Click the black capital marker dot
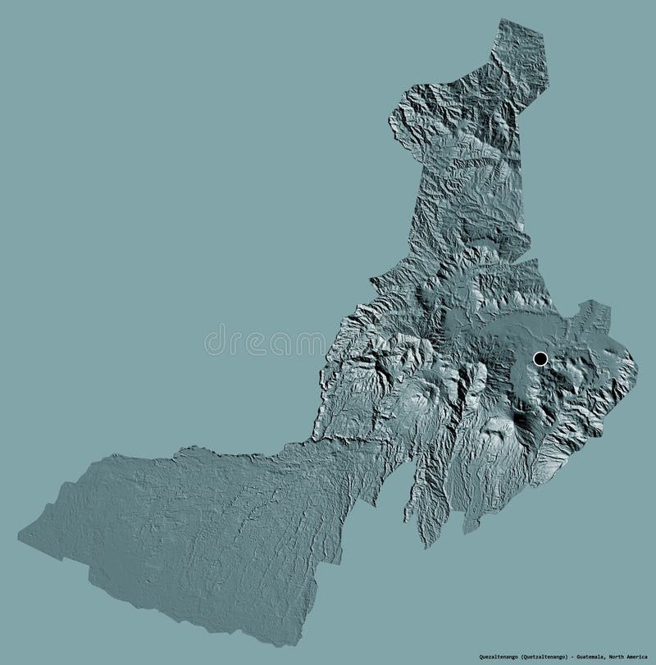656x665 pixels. (x=540, y=358)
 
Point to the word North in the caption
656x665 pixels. (x=626, y=657)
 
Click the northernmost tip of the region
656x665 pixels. (x=502, y=20)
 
